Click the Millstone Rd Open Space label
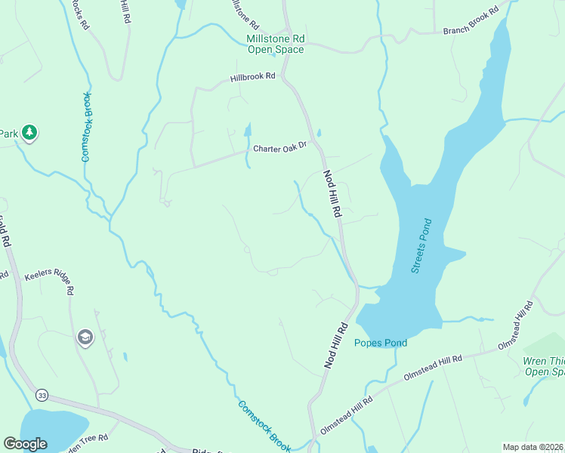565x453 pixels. [x=275, y=45]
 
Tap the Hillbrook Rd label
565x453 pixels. [x=253, y=78]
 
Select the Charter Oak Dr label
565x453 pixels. [x=280, y=147]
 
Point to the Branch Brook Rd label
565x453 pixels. [x=471, y=21]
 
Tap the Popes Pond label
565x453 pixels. [x=381, y=344]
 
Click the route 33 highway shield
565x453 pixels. [x=42, y=395]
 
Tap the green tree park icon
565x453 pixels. [x=29, y=134]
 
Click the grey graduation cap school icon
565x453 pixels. [x=84, y=337]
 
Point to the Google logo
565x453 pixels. [x=25, y=443]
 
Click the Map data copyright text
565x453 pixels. [x=533, y=447]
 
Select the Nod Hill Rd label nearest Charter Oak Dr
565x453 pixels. [x=332, y=194]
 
